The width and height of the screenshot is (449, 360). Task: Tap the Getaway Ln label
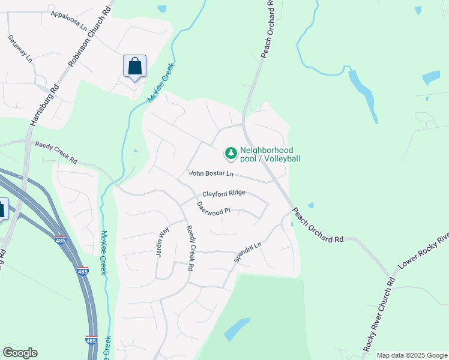(19, 47)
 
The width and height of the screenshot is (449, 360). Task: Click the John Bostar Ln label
(211, 173)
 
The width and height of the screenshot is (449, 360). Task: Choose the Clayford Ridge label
(223, 193)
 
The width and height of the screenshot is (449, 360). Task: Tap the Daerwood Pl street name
(214, 208)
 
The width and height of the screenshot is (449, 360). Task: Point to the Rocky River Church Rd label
(379, 315)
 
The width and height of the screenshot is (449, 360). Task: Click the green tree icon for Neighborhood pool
(231, 154)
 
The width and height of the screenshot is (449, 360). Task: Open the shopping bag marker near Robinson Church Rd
(134, 66)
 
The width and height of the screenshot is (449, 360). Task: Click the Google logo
(20, 353)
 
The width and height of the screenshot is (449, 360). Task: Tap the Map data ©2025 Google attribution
(412, 355)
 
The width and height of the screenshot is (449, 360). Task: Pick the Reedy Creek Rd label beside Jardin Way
(191, 248)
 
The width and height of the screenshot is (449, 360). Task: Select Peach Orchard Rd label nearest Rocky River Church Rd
(318, 226)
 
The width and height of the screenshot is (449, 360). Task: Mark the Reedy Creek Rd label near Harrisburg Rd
(56, 153)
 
